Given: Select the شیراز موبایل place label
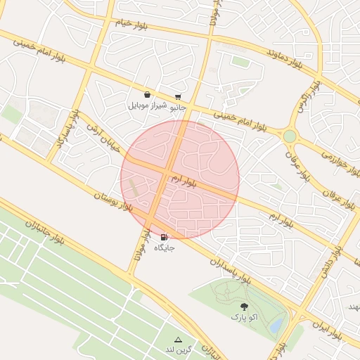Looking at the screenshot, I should pos(146,106).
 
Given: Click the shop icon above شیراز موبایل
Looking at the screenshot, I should pos(146,95).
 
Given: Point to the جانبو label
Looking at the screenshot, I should pos(179,108).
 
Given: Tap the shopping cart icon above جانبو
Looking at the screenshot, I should pos(178,97).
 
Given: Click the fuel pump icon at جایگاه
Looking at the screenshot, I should pos(164,237).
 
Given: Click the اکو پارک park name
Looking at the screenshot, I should pos(244,317).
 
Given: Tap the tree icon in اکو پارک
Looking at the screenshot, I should pos(244,307).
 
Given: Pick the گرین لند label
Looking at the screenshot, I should pos(178,349).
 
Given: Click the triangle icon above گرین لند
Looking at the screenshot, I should pos(178,340).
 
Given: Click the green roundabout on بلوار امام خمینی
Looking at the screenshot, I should pos(289,136).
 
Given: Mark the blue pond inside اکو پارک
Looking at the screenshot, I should pos(277,325).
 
